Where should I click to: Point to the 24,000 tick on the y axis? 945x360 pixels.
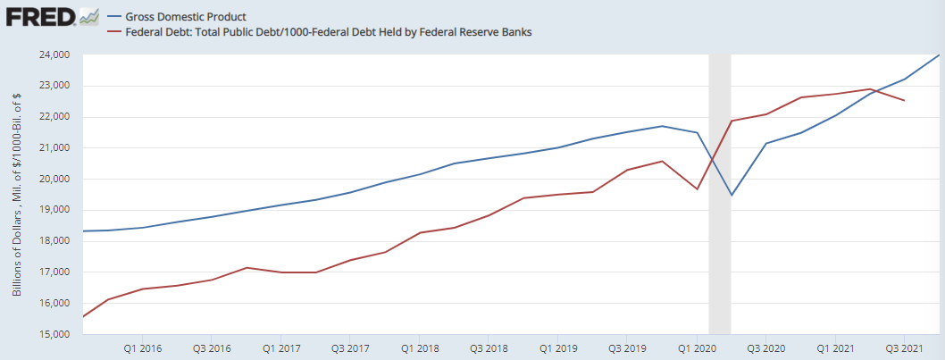click(56, 55)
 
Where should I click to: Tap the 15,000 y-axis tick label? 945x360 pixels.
click(56, 335)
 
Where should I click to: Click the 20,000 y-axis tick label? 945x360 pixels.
click(56, 180)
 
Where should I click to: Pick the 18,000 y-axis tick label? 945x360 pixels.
click(56, 241)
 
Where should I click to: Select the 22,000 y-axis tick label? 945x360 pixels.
click(56, 117)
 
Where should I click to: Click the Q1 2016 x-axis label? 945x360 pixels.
click(143, 347)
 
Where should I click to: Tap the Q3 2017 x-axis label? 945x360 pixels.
click(350, 347)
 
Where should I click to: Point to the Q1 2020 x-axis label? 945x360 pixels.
click(697, 347)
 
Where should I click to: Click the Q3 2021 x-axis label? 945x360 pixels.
click(904, 347)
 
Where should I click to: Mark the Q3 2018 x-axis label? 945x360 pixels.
click(489, 347)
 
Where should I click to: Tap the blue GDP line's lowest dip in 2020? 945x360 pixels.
click(732, 195)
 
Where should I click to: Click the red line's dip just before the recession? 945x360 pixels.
click(697, 188)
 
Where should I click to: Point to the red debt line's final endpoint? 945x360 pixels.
click(904, 100)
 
